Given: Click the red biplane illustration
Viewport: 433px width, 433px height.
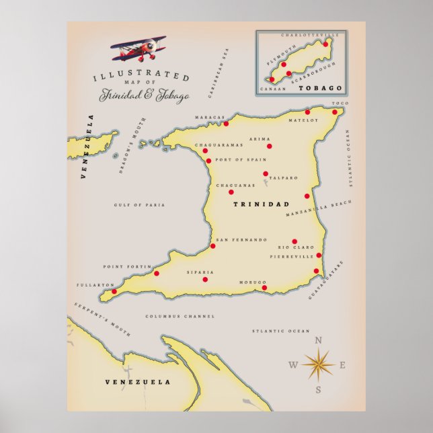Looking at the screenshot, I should coord(137,48).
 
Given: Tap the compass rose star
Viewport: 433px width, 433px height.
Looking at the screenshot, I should coord(318,365).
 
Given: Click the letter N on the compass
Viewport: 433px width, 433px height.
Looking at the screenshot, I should coord(319,340).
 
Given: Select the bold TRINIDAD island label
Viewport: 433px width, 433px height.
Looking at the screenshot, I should coord(260,204).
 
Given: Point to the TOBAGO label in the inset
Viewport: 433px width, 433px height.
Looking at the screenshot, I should coord(327,88).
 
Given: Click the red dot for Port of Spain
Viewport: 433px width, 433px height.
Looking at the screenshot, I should coord(208,161).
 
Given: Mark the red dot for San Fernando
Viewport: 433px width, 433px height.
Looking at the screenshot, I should coord(213,246).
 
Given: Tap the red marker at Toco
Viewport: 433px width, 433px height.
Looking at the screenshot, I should coord(335,112).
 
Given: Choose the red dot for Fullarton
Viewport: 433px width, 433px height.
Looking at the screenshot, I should coord(114,292).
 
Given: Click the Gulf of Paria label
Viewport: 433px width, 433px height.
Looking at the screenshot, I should coord(139,205).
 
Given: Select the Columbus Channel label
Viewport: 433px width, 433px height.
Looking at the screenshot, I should coord(180,316).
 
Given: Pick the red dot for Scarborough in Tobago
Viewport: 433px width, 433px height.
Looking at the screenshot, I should coord(288,73).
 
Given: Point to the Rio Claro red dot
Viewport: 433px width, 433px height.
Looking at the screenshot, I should coord(294,241).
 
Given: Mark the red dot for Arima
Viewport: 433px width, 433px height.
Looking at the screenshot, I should coord(270,146).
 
